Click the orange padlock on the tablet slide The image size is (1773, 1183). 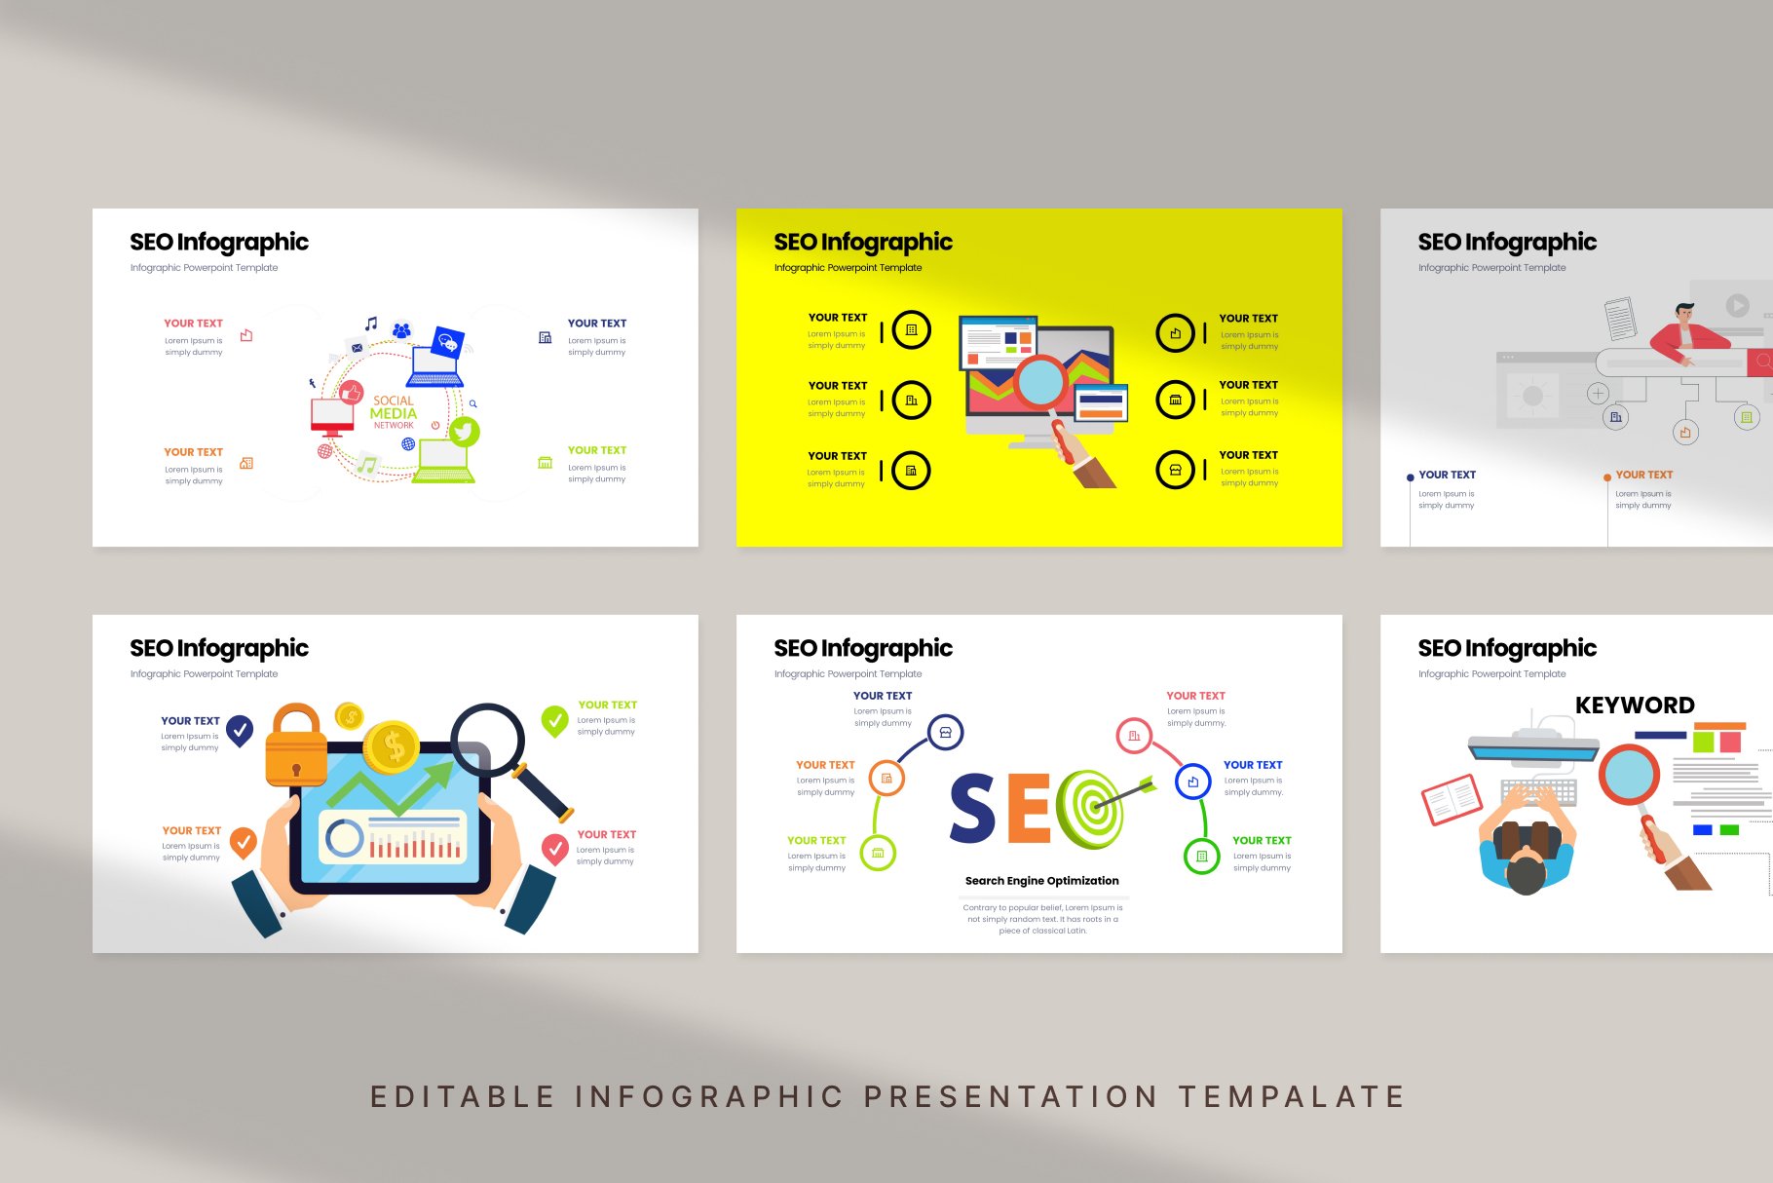(x=296, y=745)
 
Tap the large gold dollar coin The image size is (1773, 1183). (x=392, y=747)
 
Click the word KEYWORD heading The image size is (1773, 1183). (x=1635, y=706)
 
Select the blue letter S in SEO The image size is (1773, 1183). (x=973, y=808)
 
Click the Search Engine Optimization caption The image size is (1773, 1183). (x=1041, y=881)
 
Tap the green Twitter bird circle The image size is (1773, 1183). (x=464, y=431)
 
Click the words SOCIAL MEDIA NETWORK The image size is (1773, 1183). (x=394, y=412)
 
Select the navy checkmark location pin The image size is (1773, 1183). (x=240, y=729)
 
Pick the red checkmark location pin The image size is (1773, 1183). (x=555, y=848)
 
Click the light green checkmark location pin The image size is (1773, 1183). (x=555, y=720)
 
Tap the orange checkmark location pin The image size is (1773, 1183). (x=244, y=840)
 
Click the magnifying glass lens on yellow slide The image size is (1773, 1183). (x=1040, y=382)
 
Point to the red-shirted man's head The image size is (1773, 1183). (x=1684, y=314)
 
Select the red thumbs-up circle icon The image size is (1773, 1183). (x=351, y=392)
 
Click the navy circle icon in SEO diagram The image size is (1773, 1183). (x=945, y=732)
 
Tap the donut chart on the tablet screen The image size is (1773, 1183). (x=344, y=838)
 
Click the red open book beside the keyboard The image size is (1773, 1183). (x=1452, y=799)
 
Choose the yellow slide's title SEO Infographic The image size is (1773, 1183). (x=863, y=242)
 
